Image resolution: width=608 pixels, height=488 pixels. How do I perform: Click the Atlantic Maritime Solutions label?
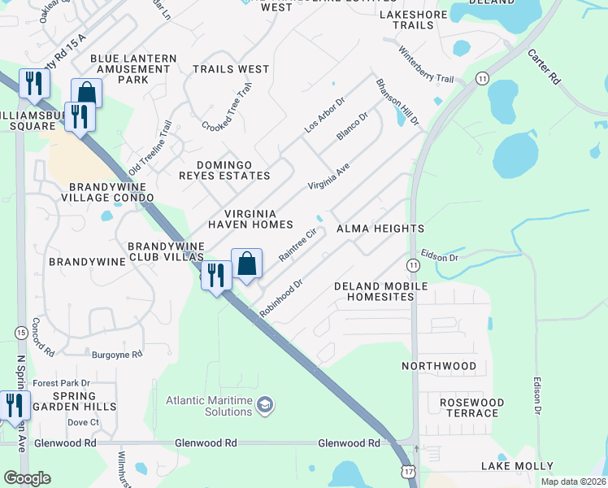209,406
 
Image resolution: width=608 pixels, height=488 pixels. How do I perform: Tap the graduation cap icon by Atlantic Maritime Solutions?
264,405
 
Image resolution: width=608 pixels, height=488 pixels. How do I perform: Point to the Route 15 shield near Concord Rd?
20,332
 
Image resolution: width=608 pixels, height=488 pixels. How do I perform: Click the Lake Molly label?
517,466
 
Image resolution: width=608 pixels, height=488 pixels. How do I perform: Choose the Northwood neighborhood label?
439,366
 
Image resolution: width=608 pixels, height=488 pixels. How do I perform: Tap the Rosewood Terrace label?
471,407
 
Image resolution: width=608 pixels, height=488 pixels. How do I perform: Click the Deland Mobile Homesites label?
381,292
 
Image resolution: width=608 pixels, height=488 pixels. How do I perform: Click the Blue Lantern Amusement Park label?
133,69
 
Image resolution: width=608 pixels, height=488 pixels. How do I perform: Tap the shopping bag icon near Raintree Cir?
247,264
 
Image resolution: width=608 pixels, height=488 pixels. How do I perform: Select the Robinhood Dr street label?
280,299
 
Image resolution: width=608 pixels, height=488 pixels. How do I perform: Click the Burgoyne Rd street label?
116,355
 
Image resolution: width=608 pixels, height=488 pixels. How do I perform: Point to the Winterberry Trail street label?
425,64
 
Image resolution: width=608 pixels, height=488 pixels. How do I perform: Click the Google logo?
28,478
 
